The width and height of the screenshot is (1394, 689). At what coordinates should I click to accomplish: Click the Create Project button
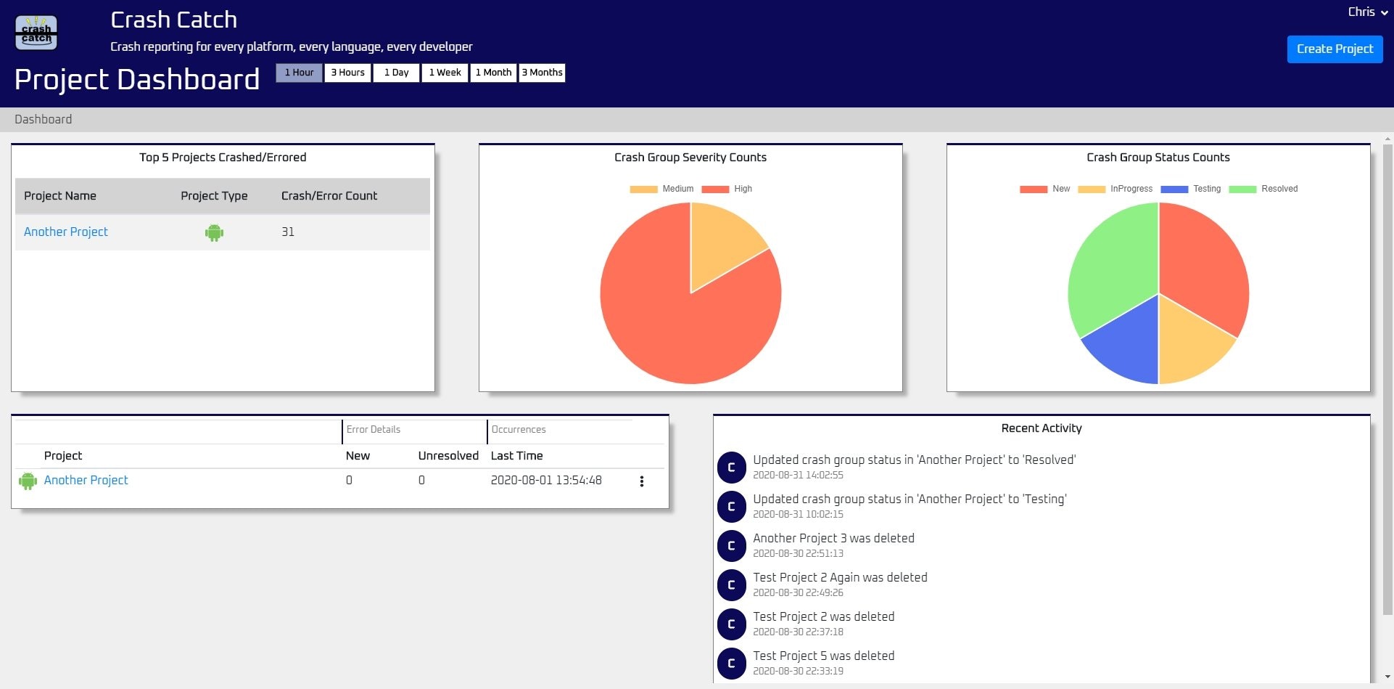pyautogui.click(x=1335, y=49)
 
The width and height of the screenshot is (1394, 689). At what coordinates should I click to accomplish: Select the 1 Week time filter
pyautogui.click(x=445, y=73)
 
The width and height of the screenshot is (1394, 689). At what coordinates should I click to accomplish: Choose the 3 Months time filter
pyautogui.click(x=542, y=73)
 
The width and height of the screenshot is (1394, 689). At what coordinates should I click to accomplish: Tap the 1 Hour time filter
pyautogui.click(x=299, y=73)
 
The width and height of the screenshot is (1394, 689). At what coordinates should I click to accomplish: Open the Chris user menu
pyautogui.click(x=1367, y=12)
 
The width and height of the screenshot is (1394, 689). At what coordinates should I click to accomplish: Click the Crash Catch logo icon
pyautogui.click(x=36, y=33)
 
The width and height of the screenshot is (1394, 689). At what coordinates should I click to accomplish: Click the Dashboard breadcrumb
pyautogui.click(x=43, y=120)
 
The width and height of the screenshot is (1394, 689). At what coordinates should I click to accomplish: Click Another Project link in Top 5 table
pyautogui.click(x=65, y=232)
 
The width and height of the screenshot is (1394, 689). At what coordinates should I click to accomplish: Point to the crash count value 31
pyautogui.click(x=288, y=232)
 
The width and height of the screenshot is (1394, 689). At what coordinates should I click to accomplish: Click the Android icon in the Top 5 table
pyautogui.click(x=214, y=232)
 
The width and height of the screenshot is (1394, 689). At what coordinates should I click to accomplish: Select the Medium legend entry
pyautogui.click(x=662, y=189)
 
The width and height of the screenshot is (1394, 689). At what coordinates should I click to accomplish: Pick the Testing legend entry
pyautogui.click(x=1191, y=189)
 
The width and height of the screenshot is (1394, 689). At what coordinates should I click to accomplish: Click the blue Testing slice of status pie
pyautogui.click(x=1124, y=348)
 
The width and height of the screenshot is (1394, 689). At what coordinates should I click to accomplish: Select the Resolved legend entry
pyautogui.click(x=1263, y=189)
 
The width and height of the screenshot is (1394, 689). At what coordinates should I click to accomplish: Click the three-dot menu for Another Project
pyautogui.click(x=642, y=481)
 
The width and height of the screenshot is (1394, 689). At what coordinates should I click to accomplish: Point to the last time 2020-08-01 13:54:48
pyautogui.click(x=546, y=481)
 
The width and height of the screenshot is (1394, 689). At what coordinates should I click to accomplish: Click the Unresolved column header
pyautogui.click(x=448, y=456)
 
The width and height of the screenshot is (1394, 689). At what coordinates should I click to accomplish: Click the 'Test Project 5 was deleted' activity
pyautogui.click(x=823, y=656)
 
